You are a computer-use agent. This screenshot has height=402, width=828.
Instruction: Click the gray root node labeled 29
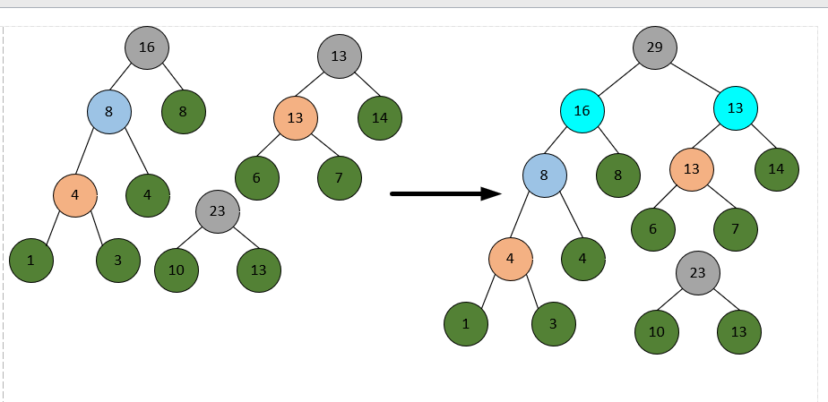point(654,47)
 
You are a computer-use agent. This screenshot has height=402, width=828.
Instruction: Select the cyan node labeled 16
point(582,110)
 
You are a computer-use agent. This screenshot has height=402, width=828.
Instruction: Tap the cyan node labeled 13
point(736,108)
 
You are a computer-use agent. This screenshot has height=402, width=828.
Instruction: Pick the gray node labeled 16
point(147,47)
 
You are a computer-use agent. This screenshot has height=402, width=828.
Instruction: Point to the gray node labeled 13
point(339,56)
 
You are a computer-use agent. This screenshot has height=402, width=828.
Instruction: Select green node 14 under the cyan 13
point(776,168)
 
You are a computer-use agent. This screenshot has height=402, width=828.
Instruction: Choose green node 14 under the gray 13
point(380,116)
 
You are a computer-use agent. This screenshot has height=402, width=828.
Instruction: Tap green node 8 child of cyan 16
point(618,175)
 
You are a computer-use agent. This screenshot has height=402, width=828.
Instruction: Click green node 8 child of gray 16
point(184,112)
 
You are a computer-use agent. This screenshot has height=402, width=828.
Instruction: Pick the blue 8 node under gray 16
point(109,112)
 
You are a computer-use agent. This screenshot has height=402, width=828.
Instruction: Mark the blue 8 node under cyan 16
point(545,175)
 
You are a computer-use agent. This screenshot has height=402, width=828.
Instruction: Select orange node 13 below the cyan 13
point(692,168)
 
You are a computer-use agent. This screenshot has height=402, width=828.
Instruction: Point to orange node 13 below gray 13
point(296,118)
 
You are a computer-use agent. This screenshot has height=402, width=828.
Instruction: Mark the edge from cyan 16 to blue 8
point(564,142)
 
